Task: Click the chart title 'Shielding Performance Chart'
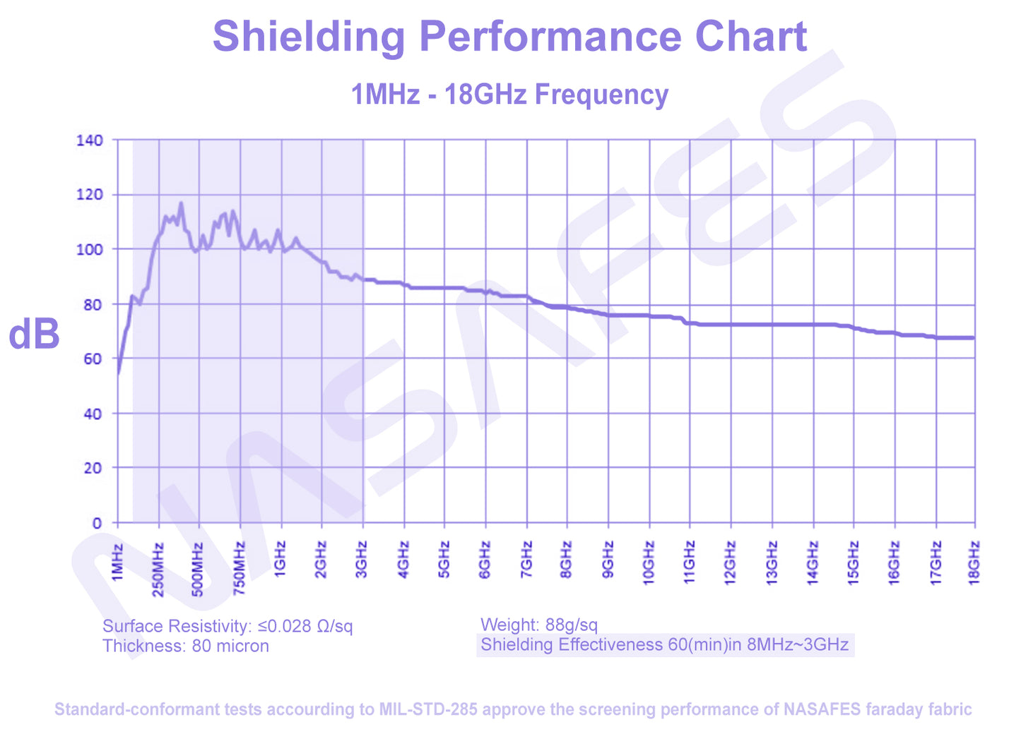pyautogui.click(x=509, y=36)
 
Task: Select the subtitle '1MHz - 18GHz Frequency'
pyautogui.click(x=509, y=94)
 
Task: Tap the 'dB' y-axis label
pyautogui.click(x=33, y=334)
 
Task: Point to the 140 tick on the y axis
pyautogui.click(x=90, y=140)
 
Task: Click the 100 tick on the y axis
pyautogui.click(x=90, y=249)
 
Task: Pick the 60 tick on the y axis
pyautogui.click(x=93, y=359)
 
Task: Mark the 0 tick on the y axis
pyautogui.click(x=97, y=523)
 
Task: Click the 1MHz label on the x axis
pyautogui.click(x=117, y=562)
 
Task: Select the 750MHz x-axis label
pyautogui.click(x=240, y=569)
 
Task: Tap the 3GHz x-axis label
pyautogui.click(x=362, y=560)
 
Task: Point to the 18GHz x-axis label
pyautogui.click(x=974, y=563)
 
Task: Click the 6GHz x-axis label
pyautogui.click(x=485, y=560)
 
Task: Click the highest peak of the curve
pyautogui.click(x=181, y=204)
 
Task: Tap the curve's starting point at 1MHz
pyautogui.click(x=118, y=373)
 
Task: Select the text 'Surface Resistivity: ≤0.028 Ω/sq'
pyautogui.click(x=228, y=626)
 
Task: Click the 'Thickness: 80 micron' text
pyautogui.click(x=186, y=646)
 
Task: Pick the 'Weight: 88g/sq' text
pyautogui.click(x=539, y=625)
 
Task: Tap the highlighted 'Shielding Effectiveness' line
pyautogui.click(x=665, y=644)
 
